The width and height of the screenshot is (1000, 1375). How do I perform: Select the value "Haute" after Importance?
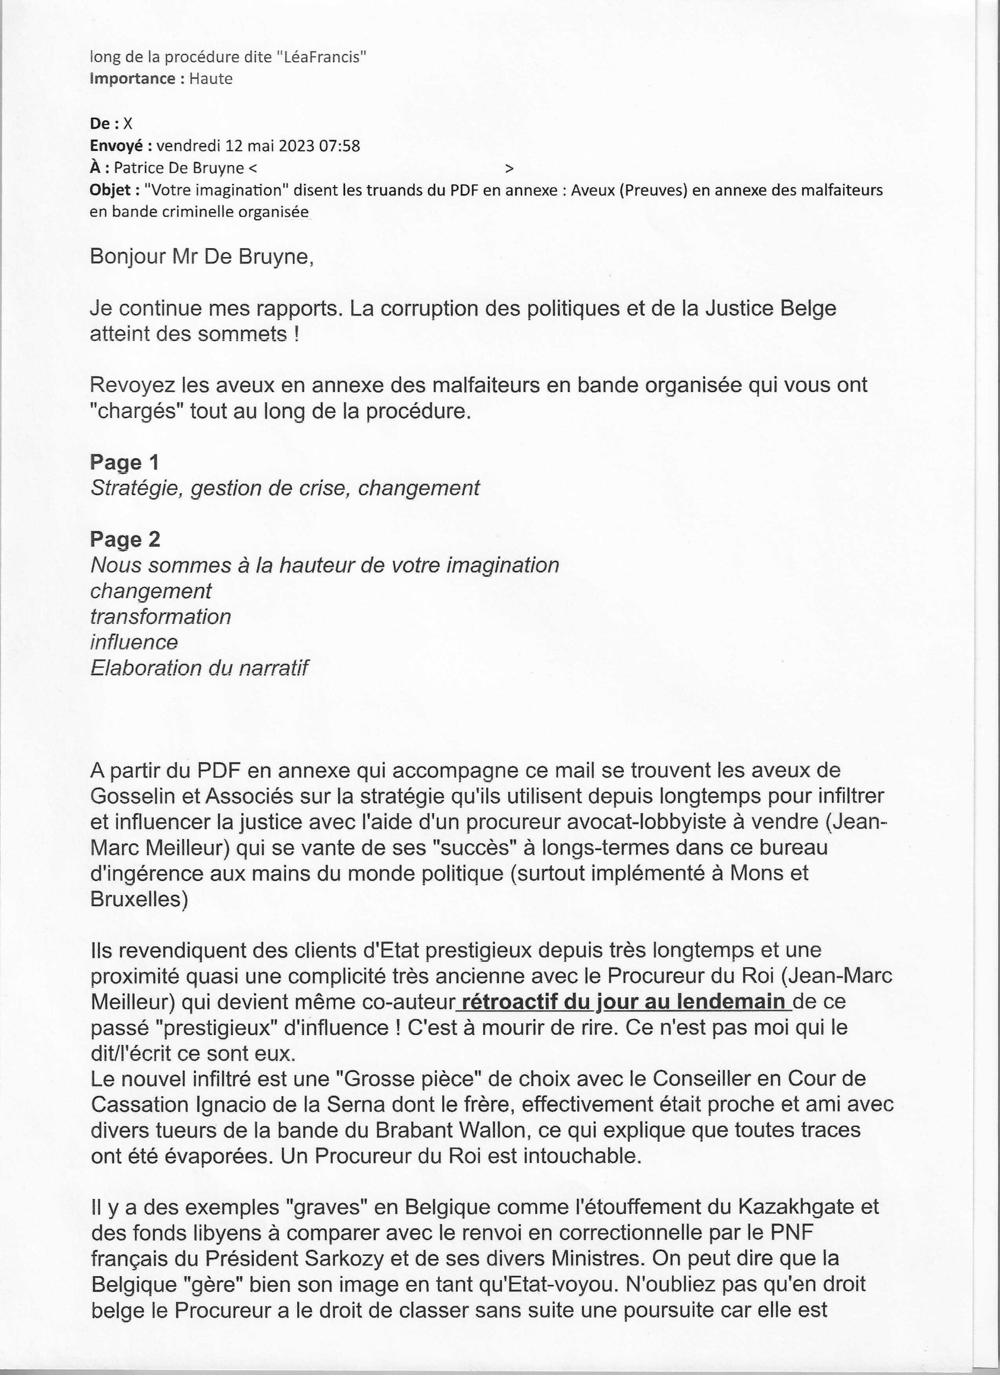pos(211,79)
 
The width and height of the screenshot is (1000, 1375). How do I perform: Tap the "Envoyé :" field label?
pos(121,146)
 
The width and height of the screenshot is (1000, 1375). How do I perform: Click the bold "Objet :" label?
pos(114,190)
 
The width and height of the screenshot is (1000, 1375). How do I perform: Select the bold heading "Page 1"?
pos(124,462)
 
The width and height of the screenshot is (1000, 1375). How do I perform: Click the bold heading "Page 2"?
pos(125,540)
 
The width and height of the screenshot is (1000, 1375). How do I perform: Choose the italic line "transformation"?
pos(161,617)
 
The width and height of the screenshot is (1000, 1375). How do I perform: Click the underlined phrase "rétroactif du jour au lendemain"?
pos(623,1002)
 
